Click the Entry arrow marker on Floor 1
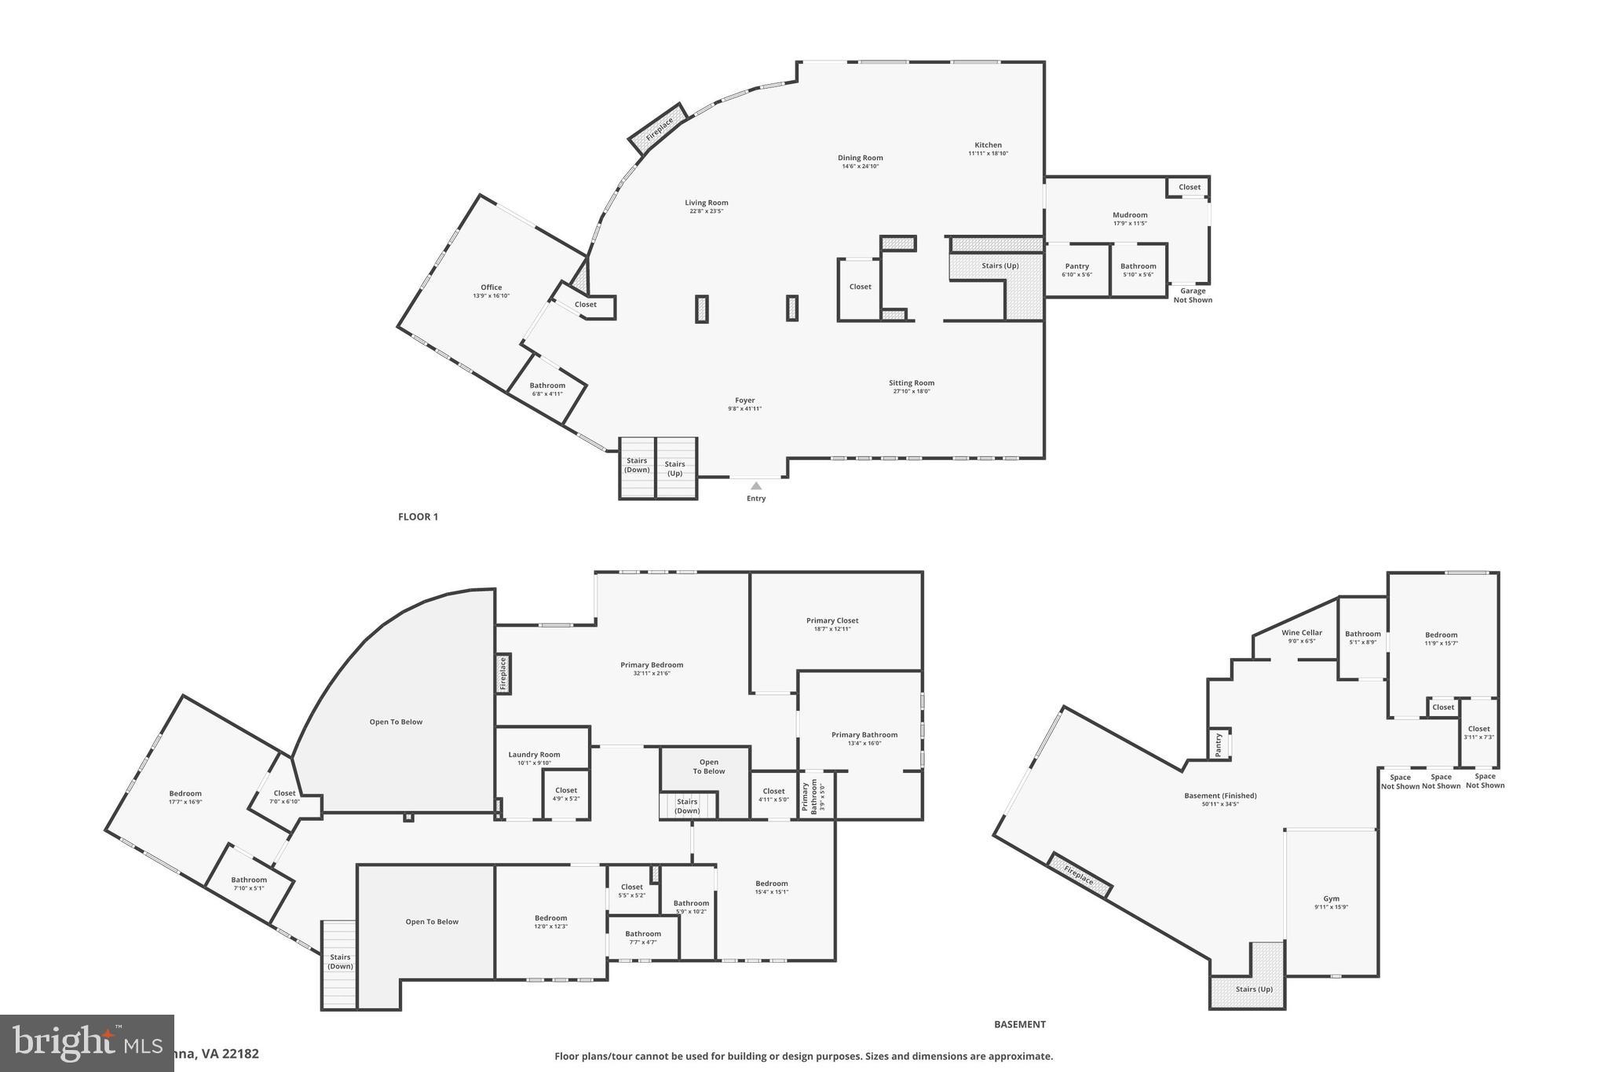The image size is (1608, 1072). pos(756,486)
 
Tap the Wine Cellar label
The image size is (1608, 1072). pos(1302,632)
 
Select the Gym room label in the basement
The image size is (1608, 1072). pos(1331,898)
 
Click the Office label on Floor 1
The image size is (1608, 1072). pos(492,287)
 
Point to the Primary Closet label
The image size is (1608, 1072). pos(832,620)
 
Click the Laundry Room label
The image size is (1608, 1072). pos(534,755)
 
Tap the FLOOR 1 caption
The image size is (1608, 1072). pos(418,517)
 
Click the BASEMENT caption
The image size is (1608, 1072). pos(1019,1024)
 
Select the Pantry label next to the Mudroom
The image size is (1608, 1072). pos(1076,266)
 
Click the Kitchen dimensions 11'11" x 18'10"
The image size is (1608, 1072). pos(988,154)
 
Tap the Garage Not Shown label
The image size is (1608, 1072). pos(1193,295)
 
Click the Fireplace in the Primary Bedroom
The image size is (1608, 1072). pos(503,673)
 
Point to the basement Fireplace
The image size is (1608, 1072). pos(1080,875)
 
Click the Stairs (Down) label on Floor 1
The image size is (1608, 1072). pos(637,465)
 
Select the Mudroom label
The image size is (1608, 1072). pos(1130,214)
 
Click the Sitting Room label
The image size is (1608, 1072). pos(912,383)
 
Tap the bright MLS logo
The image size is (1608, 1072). pos(86,1042)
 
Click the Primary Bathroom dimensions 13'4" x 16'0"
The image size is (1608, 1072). pos(864,743)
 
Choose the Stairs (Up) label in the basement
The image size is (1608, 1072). pos(1254,989)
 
